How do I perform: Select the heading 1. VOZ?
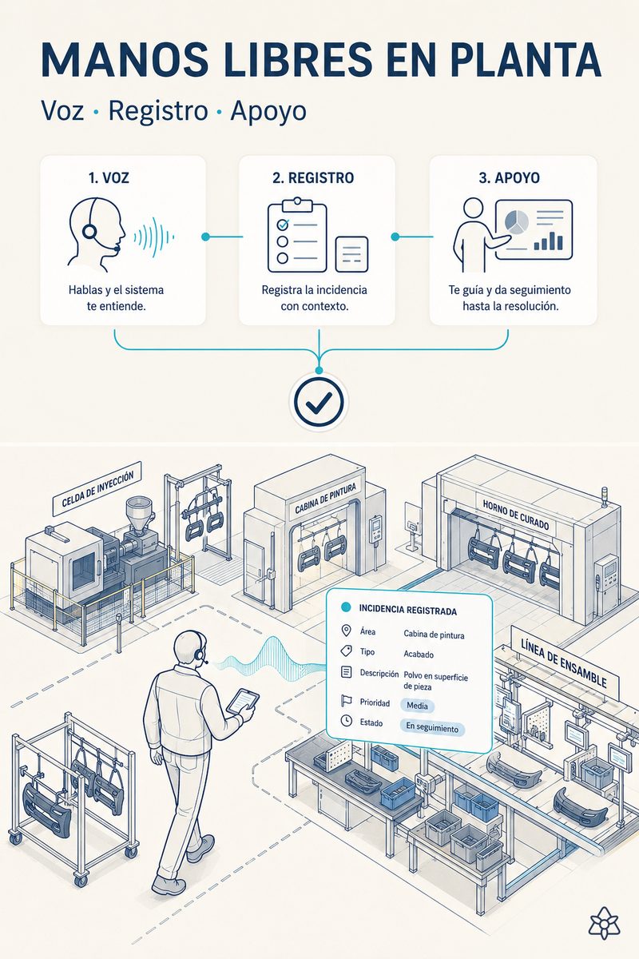point(109,177)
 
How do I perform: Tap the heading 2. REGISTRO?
point(313,177)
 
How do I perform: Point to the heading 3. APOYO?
point(510,177)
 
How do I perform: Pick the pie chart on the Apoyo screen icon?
point(517,221)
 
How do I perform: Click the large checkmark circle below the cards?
point(319,401)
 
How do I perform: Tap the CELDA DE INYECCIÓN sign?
point(97,488)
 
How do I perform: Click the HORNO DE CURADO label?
point(516,515)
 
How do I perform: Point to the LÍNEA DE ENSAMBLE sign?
point(565,663)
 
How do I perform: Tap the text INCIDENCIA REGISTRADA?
point(408,610)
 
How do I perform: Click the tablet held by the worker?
point(243,702)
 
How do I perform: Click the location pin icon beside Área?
point(346,631)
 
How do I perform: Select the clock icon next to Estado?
point(346,721)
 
